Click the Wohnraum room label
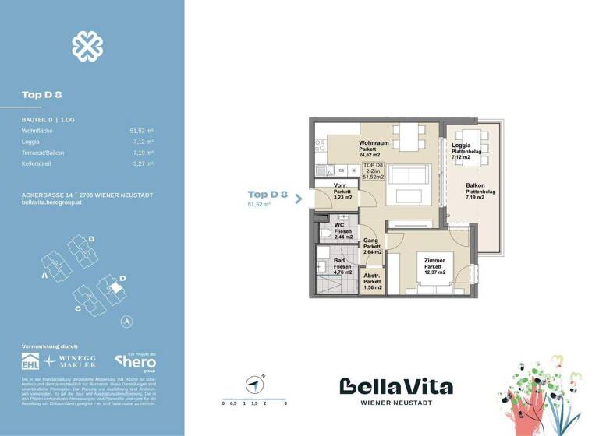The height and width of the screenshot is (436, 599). pyautogui.click(x=374, y=144)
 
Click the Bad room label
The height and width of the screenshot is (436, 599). pyautogui.click(x=339, y=261)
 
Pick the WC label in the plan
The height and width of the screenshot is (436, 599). pyautogui.click(x=339, y=225)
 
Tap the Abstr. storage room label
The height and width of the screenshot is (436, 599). pyautogui.click(x=373, y=275)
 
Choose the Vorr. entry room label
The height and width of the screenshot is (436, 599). pyautogui.click(x=340, y=185)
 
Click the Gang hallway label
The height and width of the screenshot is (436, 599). pyautogui.click(x=371, y=241)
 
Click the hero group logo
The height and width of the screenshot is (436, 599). pyautogui.click(x=136, y=361)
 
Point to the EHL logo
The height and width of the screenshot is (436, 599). pyautogui.click(x=31, y=361)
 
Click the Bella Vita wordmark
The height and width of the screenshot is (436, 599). pyautogui.click(x=395, y=386)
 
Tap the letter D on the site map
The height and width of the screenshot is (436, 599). pyautogui.click(x=122, y=276)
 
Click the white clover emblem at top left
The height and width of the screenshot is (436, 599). pyautogui.click(x=87, y=47)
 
